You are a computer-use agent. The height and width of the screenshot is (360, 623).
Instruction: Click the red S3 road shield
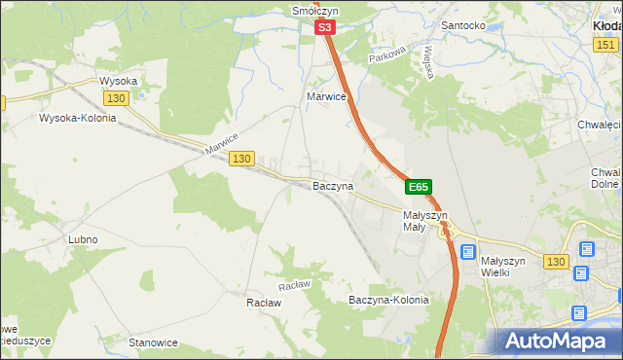click(326, 30)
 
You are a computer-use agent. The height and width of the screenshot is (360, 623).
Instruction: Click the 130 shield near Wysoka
click(116, 99)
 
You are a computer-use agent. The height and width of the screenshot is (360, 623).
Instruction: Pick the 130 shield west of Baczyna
click(242, 158)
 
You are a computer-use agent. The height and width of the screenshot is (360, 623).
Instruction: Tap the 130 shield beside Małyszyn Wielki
click(556, 262)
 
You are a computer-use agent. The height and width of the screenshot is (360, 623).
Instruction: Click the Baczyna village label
click(332, 185)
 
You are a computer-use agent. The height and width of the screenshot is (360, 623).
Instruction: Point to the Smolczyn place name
click(313, 11)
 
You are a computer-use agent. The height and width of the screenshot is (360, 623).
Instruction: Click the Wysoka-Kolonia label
click(77, 119)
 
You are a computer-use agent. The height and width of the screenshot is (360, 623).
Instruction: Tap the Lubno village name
click(83, 239)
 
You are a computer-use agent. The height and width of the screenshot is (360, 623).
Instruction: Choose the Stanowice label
click(153, 342)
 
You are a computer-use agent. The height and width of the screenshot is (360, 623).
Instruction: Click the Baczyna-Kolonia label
click(388, 301)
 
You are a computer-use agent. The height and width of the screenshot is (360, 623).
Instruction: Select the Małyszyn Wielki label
click(502, 267)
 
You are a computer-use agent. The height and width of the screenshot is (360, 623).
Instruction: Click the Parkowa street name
click(385, 58)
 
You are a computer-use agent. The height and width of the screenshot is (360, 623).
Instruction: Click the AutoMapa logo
click(556, 341)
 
